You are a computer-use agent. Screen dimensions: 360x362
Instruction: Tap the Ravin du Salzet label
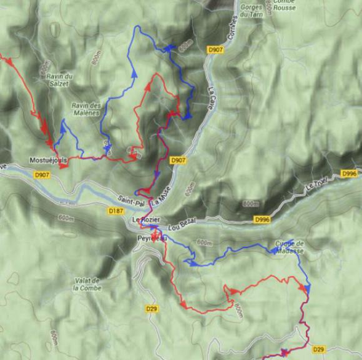[x=61, y=79]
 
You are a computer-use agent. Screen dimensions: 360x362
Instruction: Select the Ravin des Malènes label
[x=86, y=109]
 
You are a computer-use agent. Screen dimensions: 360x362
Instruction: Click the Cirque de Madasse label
[x=289, y=247]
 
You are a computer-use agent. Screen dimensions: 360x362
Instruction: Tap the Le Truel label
[x=316, y=186]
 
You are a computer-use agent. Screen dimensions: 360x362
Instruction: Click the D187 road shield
[x=115, y=211]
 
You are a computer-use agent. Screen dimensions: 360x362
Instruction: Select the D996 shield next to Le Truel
[x=350, y=174]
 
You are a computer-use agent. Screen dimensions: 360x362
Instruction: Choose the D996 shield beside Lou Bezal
[x=263, y=219]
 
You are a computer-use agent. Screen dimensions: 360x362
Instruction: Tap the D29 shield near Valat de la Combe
[x=151, y=308]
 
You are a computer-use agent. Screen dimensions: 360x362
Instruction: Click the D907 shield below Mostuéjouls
[x=43, y=174]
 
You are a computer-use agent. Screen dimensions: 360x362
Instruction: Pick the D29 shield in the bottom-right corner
[x=318, y=349]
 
